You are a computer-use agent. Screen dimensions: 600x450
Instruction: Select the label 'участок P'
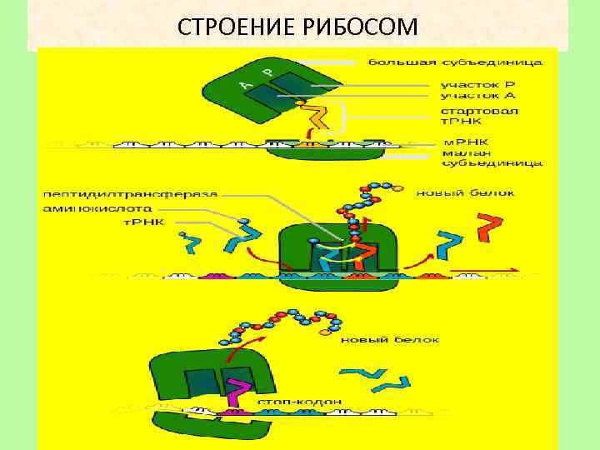(x=477, y=85)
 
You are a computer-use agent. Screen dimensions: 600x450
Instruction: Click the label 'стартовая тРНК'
(x=478, y=117)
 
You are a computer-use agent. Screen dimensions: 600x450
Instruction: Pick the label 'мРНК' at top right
(x=460, y=142)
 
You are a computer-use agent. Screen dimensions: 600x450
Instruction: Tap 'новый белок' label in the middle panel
(x=466, y=192)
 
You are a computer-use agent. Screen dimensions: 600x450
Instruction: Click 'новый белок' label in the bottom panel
(x=382, y=339)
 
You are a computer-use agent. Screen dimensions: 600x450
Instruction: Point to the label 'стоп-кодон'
(x=299, y=401)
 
